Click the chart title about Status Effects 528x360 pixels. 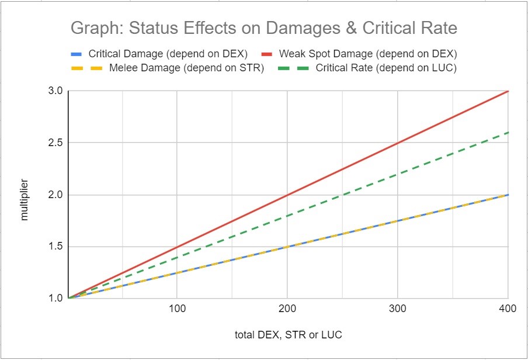[x=263, y=28]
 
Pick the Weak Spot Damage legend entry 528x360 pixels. [x=367, y=54]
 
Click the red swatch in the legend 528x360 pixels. [x=266, y=54]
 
